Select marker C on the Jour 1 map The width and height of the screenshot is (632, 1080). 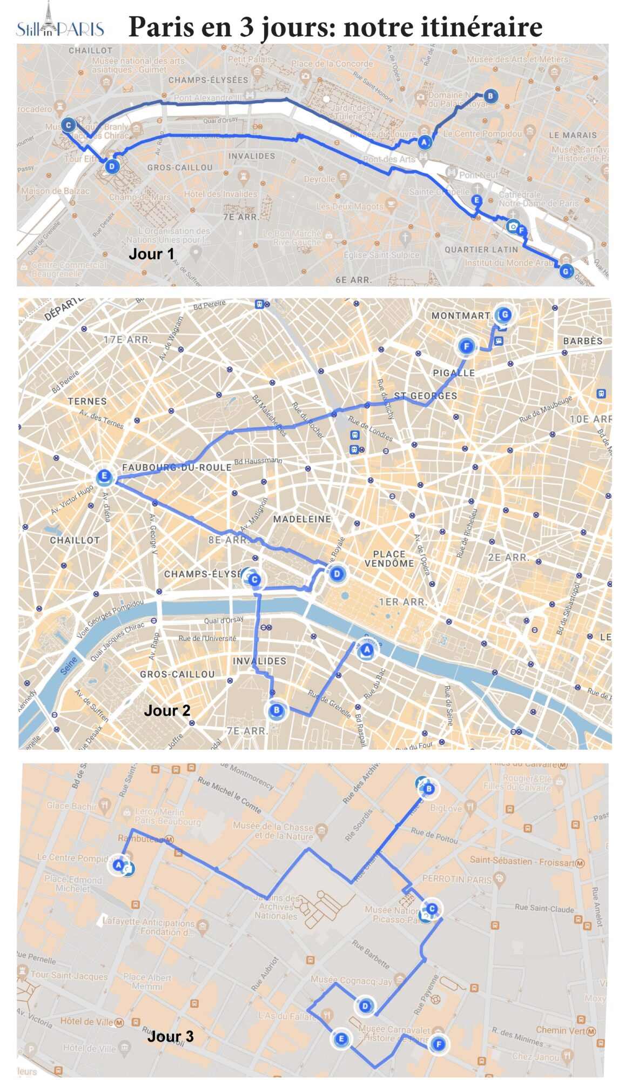[x=68, y=125]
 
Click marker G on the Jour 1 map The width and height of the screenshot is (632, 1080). [x=566, y=271]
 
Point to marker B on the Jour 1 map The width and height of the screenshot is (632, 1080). [x=490, y=96]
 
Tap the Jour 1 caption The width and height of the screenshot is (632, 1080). [x=151, y=254]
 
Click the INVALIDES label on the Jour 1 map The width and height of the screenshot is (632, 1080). [x=251, y=156]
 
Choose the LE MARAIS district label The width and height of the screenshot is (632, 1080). [x=573, y=135]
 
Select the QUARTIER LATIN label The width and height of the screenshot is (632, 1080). [x=481, y=250]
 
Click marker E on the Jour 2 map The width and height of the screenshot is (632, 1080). [x=104, y=477]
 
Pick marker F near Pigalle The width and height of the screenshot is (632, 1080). [x=466, y=346]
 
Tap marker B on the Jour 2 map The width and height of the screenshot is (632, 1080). [x=276, y=710]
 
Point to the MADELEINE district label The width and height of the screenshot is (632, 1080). [x=302, y=519]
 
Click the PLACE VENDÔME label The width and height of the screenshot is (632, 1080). [x=389, y=559]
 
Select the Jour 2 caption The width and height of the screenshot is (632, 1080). [x=167, y=710]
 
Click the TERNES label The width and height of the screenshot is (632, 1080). [x=87, y=401]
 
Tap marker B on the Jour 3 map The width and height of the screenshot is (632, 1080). [x=429, y=789]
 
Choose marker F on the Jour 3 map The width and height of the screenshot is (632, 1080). [x=439, y=1044]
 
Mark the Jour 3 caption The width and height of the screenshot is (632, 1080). [x=170, y=1036]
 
